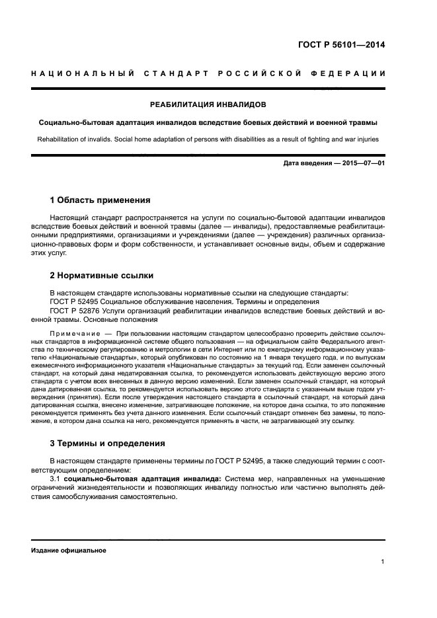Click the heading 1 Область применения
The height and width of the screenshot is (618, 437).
pos(100,200)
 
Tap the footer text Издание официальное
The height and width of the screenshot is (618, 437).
pos(69,550)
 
